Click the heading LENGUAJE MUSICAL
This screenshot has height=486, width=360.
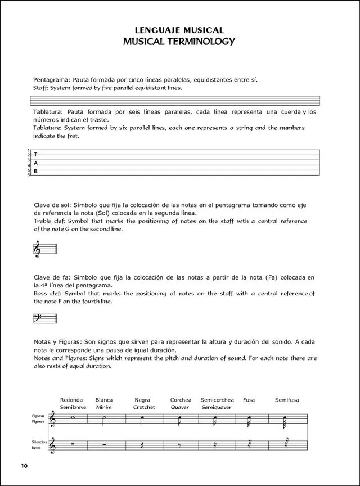point(180,30)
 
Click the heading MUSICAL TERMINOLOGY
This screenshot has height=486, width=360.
point(180,41)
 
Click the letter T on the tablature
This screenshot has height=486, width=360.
point(35,154)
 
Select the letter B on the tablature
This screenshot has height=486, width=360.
point(35,171)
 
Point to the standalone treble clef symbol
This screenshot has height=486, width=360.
point(37,249)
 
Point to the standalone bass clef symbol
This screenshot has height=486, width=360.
point(38,318)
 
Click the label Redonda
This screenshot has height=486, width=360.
point(71,400)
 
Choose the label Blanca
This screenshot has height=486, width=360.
point(104,400)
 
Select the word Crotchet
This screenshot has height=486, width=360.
point(144,407)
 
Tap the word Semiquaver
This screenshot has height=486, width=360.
point(217,407)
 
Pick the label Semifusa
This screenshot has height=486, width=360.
point(287,400)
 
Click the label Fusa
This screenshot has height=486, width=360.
point(249,400)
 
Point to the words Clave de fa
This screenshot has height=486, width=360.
point(48,277)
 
